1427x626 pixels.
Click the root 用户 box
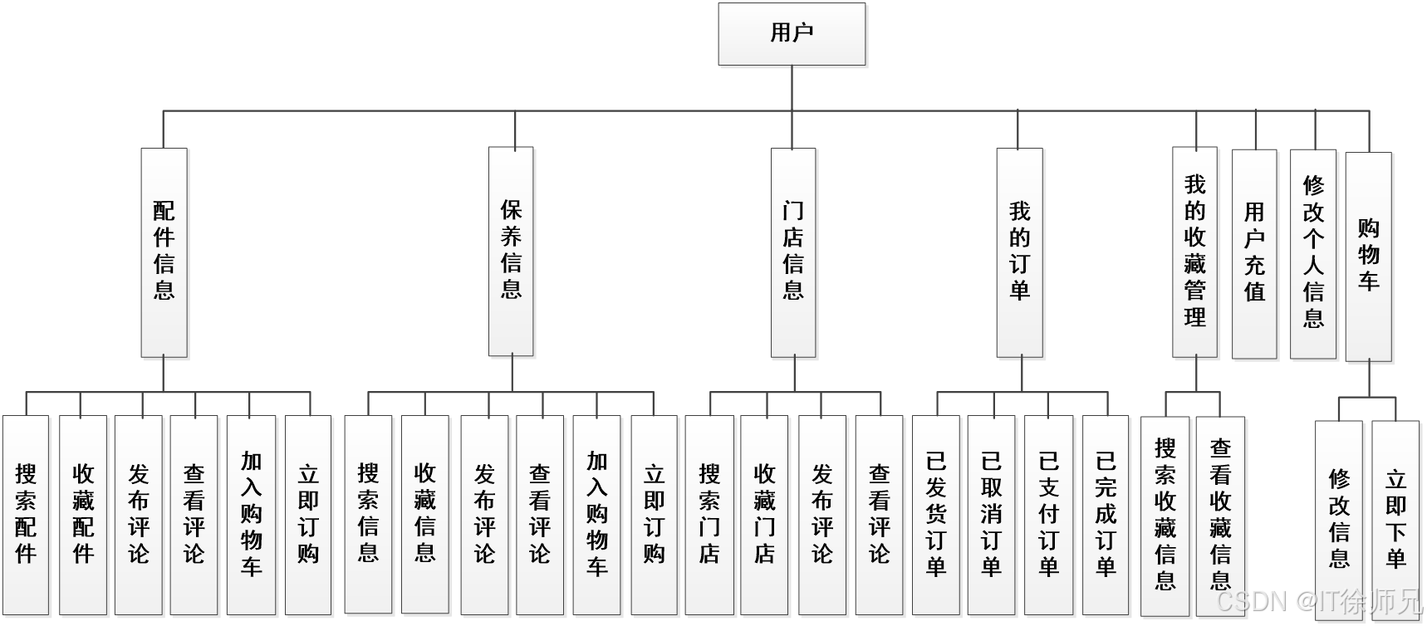[x=792, y=34]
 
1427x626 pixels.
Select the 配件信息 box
[x=164, y=252]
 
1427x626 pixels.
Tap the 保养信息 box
[x=512, y=252]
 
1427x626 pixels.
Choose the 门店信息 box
[x=793, y=252]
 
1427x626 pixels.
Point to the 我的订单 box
[x=1020, y=252]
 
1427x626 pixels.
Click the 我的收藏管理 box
[x=1195, y=252]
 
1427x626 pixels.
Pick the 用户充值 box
[x=1254, y=252]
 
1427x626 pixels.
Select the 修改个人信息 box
[x=1313, y=252]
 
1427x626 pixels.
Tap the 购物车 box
[x=1368, y=256]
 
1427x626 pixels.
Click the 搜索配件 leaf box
[x=26, y=515]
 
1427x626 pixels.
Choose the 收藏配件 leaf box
[x=83, y=515]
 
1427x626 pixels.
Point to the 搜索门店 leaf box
[x=709, y=515]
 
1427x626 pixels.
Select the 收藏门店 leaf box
[x=764, y=515]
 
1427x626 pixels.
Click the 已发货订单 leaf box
[x=936, y=515]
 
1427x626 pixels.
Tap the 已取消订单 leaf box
[x=992, y=515]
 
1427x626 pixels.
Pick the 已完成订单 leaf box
[x=1106, y=515]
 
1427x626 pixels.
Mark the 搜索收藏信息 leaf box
[x=1165, y=515]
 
